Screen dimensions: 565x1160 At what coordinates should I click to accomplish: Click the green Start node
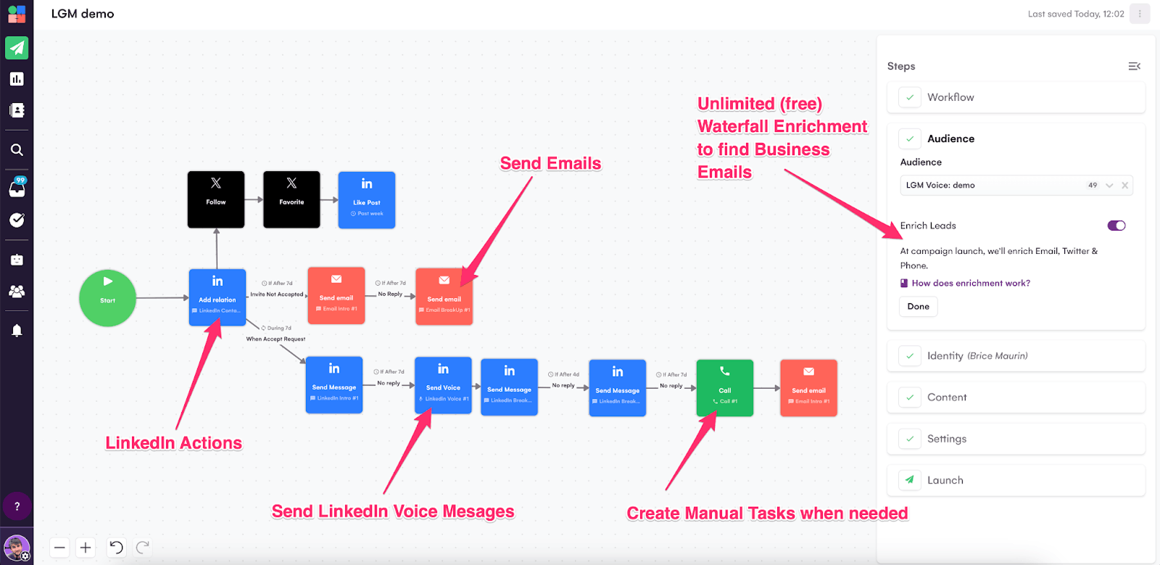(107, 298)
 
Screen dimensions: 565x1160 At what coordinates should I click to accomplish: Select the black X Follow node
(216, 199)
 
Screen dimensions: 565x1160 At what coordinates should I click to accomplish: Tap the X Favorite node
(291, 199)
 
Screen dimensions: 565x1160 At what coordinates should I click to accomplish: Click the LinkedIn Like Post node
(367, 200)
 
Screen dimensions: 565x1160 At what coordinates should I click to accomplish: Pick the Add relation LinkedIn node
(217, 297)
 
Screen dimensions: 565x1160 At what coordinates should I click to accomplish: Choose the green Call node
(724, 388)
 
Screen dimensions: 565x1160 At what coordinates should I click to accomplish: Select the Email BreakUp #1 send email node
(444, 297)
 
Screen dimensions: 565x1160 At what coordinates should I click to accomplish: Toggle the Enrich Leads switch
(1116, 226)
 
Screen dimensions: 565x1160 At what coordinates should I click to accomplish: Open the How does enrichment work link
(970, 284)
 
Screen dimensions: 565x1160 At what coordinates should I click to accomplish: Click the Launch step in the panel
(945, 480)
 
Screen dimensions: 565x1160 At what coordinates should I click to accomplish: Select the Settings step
(946, 439)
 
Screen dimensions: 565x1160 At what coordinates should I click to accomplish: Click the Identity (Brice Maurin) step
(977, 356)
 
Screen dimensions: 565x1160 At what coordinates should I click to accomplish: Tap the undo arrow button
(116, 548)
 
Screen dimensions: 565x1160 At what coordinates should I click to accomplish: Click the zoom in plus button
(86, 548)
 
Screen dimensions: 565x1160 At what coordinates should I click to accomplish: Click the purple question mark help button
(17, 506)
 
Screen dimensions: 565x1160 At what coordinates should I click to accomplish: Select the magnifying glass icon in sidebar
(17, 150)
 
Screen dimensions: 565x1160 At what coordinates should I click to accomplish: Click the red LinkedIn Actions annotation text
(173, 443)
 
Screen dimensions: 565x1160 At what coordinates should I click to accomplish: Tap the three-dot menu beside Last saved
(1140, 14)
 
